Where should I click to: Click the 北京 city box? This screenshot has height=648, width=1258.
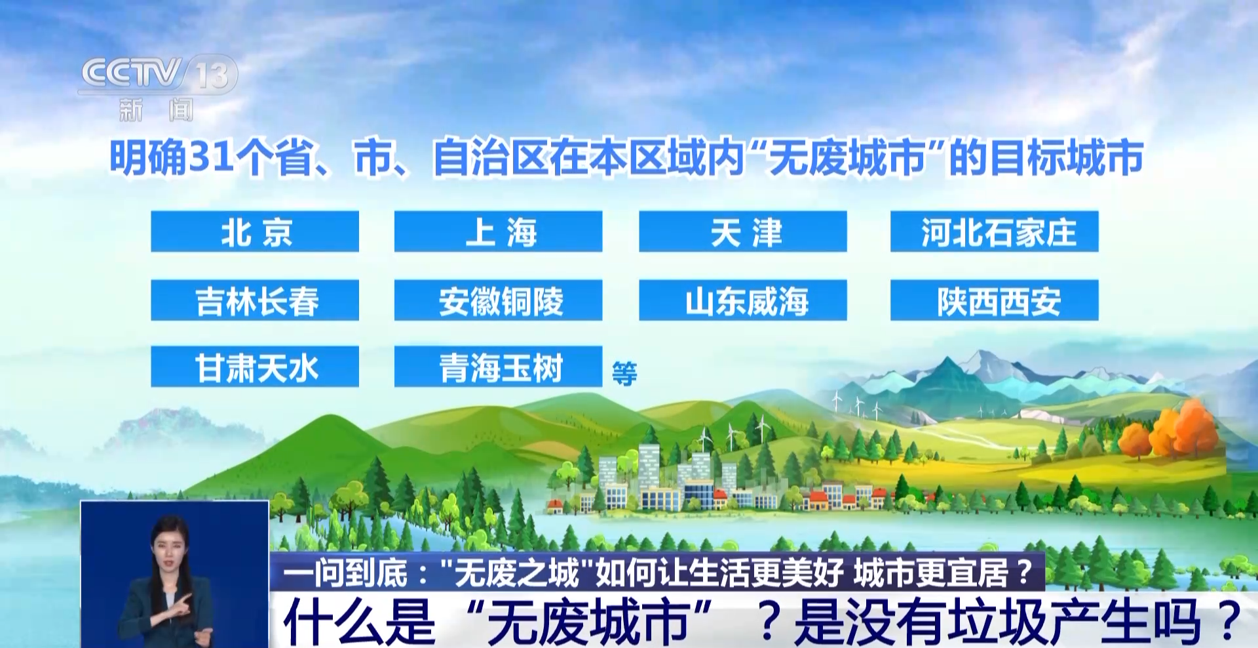[255, 232]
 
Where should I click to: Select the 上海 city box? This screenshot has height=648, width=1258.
[498, 232]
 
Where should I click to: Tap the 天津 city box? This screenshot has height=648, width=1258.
[743, 232]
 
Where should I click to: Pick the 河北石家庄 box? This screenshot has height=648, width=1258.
[995, 232]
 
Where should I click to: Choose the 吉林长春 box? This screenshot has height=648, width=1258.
[255, 300]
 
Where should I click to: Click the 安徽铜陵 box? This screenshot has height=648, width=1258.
[498, 300]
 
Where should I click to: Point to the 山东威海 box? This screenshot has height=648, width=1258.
[743, 300]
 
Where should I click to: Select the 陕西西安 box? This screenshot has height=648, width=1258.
[995, 300]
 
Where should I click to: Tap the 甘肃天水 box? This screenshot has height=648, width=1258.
[255, 367]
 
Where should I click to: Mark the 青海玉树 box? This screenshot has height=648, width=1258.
[498, 367]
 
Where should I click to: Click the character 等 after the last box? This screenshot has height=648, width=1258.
[624, 374]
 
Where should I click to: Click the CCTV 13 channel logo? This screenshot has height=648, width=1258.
[158, 74]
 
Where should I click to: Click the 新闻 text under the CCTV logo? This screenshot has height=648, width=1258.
[157, 110]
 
